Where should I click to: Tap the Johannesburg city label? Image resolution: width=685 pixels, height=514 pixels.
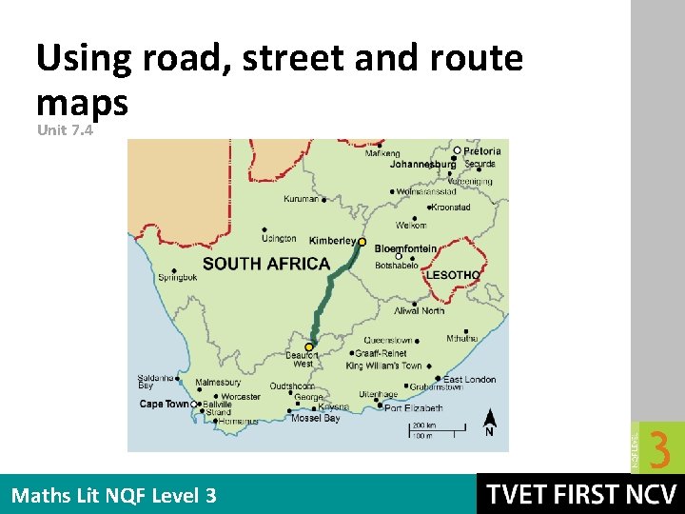coord(422,164)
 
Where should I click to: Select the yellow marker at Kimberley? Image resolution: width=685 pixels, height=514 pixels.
coord(362,242)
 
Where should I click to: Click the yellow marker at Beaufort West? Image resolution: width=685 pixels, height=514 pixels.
coord(308,347)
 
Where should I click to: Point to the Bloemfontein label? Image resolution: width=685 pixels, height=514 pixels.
coord(405,249)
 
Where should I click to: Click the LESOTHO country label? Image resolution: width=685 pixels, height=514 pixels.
coord(453,275)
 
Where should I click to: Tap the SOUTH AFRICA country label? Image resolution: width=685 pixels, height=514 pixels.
coord(265,264)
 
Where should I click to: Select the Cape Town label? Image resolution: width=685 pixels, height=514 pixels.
coord(165,404)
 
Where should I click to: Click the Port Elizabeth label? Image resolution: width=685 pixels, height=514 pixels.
coord(414,408)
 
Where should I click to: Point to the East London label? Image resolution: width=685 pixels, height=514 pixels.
coord(470,379)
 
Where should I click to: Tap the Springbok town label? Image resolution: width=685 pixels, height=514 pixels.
coord(178,278)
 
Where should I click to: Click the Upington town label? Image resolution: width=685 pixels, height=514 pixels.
coord(279,239)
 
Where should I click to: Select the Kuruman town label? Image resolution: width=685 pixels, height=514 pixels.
coord(302,200)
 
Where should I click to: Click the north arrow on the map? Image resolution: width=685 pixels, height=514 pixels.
coord(489,419)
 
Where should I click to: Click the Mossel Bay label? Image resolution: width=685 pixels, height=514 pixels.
coord(316,418)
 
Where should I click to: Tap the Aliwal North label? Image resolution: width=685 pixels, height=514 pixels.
coord(420,311)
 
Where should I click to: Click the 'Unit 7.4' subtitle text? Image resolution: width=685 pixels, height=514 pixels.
coord(65,130)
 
